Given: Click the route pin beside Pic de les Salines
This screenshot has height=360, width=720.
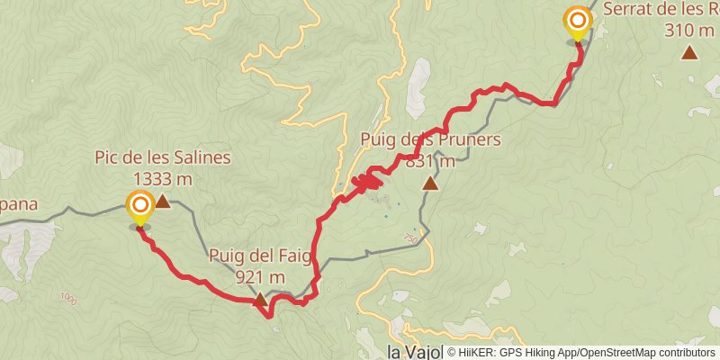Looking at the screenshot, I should tap(140, 206).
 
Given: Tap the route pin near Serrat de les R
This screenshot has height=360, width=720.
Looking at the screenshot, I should tap(577, 21).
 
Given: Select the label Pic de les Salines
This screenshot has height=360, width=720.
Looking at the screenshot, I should tap(163, 158).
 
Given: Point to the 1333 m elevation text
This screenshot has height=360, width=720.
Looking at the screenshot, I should tap(163, 178).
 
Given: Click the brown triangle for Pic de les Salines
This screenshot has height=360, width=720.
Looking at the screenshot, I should tap(163, 202).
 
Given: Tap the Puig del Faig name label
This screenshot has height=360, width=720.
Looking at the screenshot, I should tap(260, 256).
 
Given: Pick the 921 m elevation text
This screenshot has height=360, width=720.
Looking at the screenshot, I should tap(260, 277).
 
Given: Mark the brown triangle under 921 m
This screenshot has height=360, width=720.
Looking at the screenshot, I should tap(260, 300).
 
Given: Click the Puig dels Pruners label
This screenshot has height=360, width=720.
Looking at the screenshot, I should tap(430, 140).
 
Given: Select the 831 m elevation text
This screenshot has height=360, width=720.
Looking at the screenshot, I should tap(430, 161).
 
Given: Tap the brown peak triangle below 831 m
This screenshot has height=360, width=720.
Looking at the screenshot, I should tap(430, 184).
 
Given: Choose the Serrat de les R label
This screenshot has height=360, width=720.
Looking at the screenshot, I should tap(661, 10).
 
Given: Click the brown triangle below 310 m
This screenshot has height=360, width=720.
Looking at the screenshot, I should tap(690, 53).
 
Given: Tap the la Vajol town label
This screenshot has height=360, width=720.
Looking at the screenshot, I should tap(415, 351).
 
